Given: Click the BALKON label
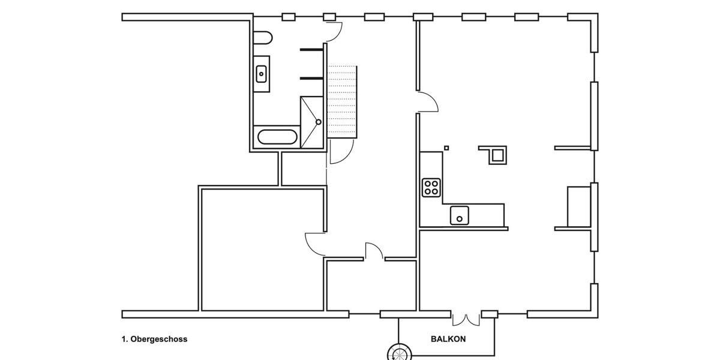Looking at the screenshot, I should click(x=448, y=339).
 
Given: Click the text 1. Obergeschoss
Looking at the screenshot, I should click(x=154, y=339).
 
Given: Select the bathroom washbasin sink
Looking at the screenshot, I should click(x=262, y=74).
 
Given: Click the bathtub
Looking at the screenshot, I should click(x=277, y=137).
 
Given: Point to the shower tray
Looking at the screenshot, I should click(x=311, y=122).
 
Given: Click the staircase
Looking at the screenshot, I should click(x=342, y=101).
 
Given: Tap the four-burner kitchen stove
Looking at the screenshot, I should click(x=431, y=187).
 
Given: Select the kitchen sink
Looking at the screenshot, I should click(x=460, y=214).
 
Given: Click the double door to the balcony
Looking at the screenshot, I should click(x=466, y=318).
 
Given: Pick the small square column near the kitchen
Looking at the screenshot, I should click(x=446, y=148).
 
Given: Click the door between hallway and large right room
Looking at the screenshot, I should click(x=428, y=102).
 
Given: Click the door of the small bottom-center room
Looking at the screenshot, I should click(x=374, y=251).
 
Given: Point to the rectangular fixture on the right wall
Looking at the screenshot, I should click(x=579, y=206).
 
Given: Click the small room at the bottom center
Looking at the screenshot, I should click(x=371, y=286).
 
